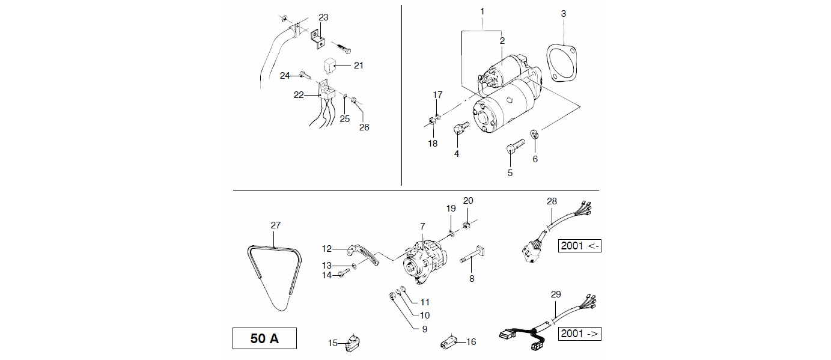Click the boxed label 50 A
tap(264, 338)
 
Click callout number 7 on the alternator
tap(422, 226)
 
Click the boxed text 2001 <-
tap(580, 246)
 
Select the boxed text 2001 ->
tap(580, 334)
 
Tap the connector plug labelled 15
tap(351, 343)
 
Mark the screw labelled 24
tap(304, 76)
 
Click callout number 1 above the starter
tap(482, 11)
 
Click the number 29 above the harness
tap(555, 294)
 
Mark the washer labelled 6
tap(534, 134)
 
